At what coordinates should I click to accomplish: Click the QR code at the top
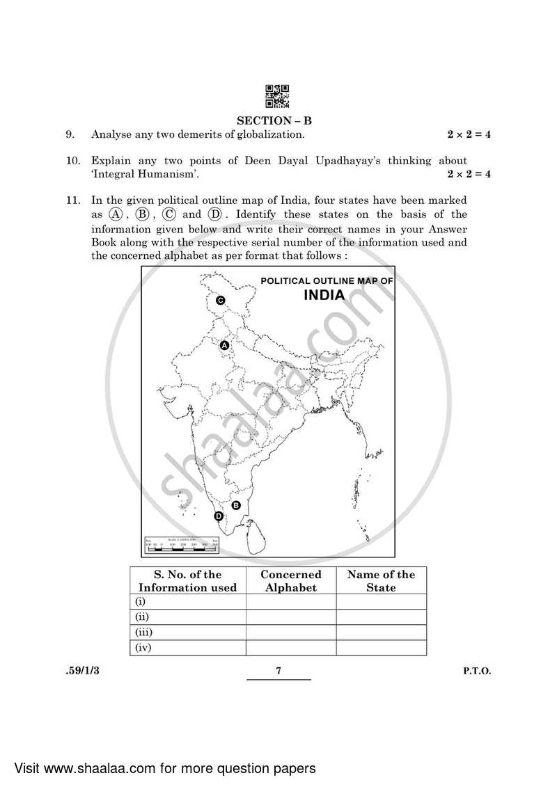(x=277, y=97)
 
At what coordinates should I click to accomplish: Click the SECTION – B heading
(x=278, y=120)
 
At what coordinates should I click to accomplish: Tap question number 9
(x=70, y=134)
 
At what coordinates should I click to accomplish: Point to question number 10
(x=72, y=161)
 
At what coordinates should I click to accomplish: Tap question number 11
(x=72, y=200)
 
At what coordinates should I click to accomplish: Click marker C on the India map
(x=220, y=301)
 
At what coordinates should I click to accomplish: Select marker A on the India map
(x=224, y=345)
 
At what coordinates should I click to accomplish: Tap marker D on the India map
(x=218, y=516)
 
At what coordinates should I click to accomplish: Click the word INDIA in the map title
(x=324, y=295)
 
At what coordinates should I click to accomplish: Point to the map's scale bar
(x=181, y=546)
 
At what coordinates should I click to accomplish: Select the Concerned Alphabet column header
(x=290, y=580)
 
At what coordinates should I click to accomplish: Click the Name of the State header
(x=381, y=580)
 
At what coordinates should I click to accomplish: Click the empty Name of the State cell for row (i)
(x=381, y=602)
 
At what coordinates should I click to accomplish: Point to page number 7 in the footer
(x=278, y=671)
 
